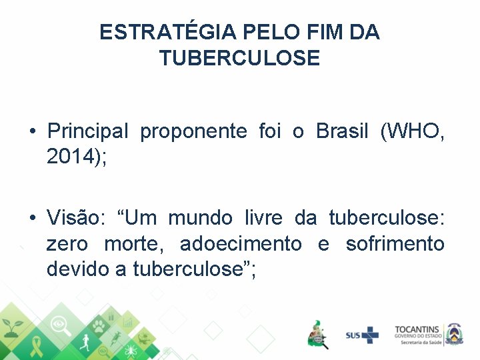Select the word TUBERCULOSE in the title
click(x=239, y=59)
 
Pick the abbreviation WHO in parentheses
click(x=413, y=131)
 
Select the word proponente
click(x=193, y=132)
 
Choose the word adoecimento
click(x=241, y=244)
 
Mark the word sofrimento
click(x=395, y=244)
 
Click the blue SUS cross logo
click(x=362, y=334)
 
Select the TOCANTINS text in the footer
click(x=417, y=329)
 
